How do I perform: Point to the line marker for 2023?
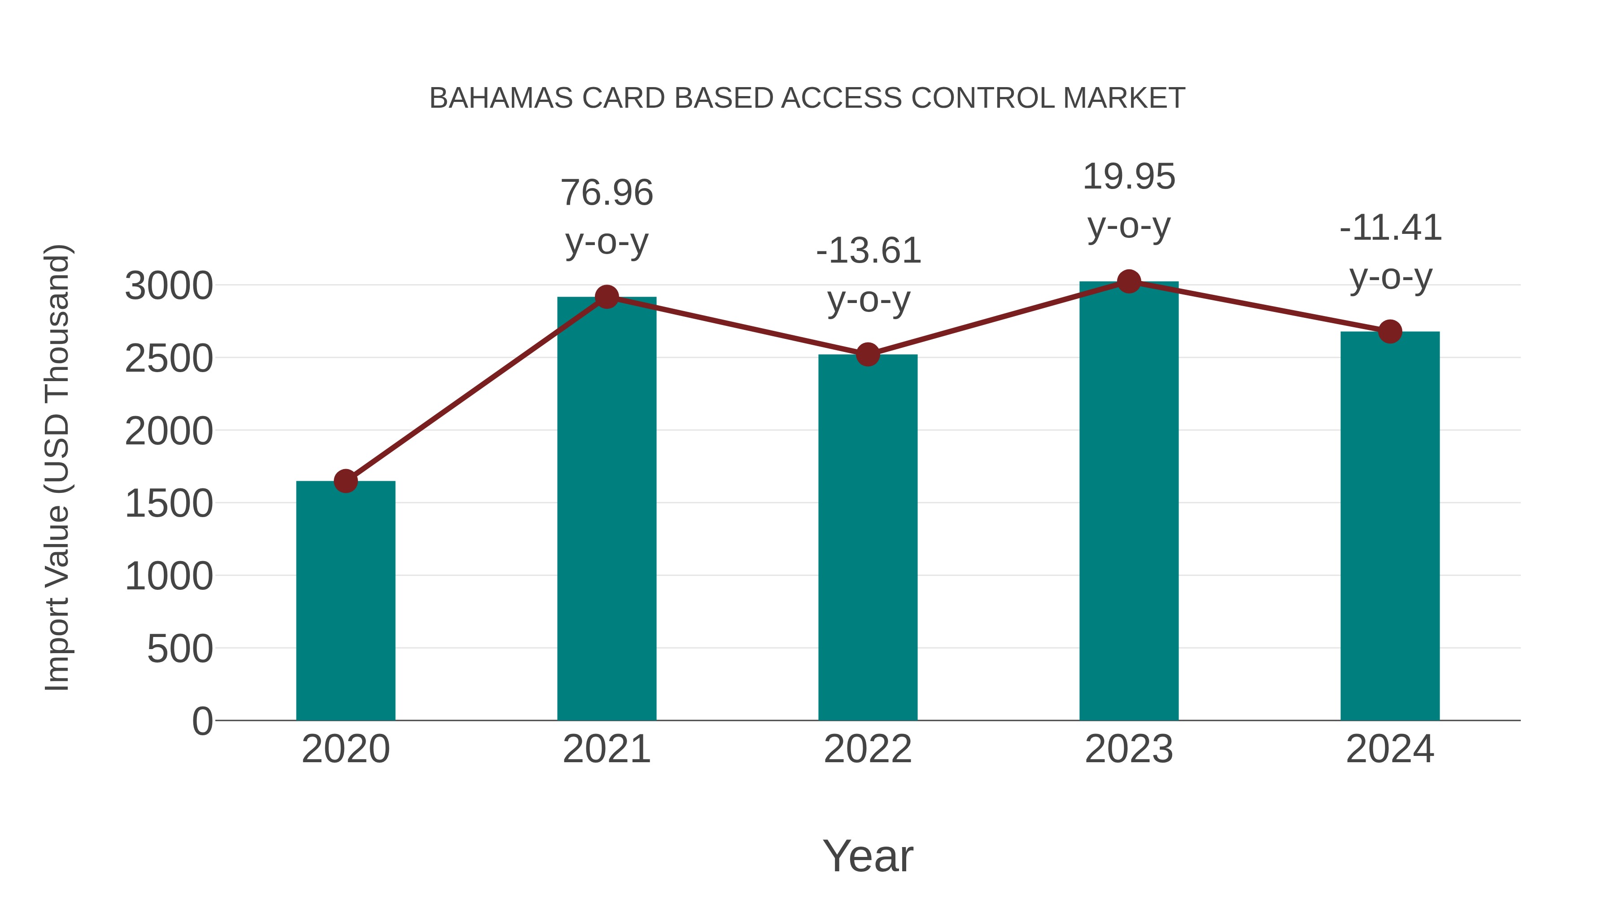tap(1129, 281)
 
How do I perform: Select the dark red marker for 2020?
tap(345, 481)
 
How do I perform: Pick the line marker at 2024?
tap(1390, 331)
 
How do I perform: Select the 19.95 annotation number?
tap(1129, 176)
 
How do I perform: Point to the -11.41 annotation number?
tap(1390, 228)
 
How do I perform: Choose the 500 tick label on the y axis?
tap(180, 649)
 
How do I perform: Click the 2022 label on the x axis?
tap(868, 749)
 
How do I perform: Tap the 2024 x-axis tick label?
tap(1390, 749)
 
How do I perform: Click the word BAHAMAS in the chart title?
tap(501, 98)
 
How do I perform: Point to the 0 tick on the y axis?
tap(202, 721)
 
